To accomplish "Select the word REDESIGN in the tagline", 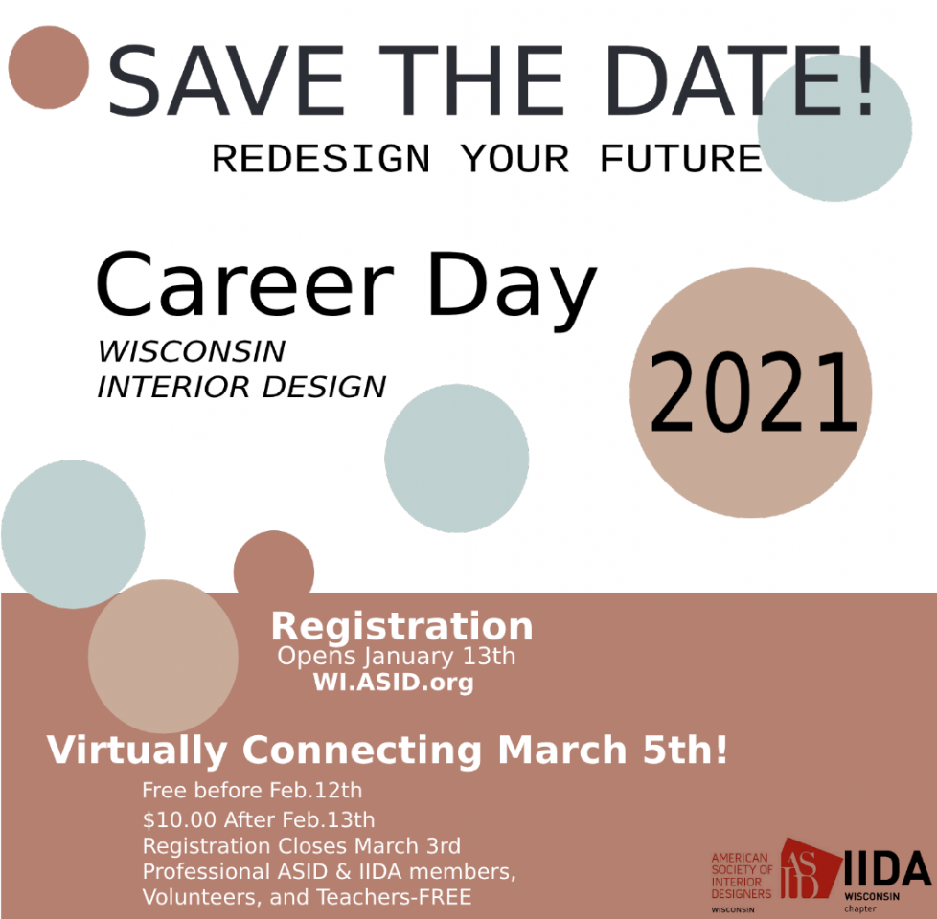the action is pyautogui.click(x=321, y=159).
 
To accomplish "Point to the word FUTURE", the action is pyautogui.click(x=680, y=159).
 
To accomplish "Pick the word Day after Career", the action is pyautogui.click(x=513, y=290).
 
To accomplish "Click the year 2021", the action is pyautogui.click(x=753, y=392).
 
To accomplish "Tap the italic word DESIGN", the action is pyautogui.click(x=325, y=387).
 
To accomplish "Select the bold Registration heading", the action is pyautogui.click(x=401, y=626).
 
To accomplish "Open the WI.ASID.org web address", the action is pyautogui.click(x=393, y=682).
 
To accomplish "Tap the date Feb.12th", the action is pyautogui.click(x=315, y=790).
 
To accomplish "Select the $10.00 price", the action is pyautogui.click(x=179, y=819).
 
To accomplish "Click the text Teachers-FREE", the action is pyautogui.click(x=394, y=897).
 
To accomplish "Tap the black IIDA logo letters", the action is pyautogui.click(x=887, y=868).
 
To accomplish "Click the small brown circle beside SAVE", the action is pyautogui.click(x=49, y=67).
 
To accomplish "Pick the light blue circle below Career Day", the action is pyautogui.click(x=457, y=458).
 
